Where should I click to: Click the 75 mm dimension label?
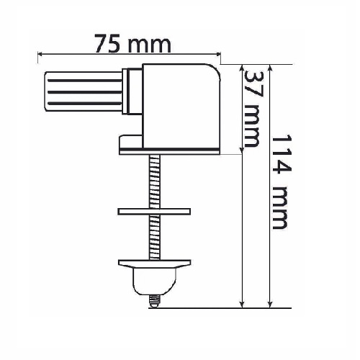pyautogui.click(x=132, y=44)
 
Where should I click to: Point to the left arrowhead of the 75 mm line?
pyautogui.click(x=40, y=55)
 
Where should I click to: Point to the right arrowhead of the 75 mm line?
pyautogui.click(x=218, y=55)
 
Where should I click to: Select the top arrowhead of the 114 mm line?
pyautogui.click(x=270, y=67)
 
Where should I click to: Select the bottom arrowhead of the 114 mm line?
pyautogui.click(x=270, y=305)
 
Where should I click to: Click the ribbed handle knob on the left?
pyautogui.click(x=84, y=91)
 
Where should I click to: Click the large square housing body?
pyautogui.click(x=181, y=106)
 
